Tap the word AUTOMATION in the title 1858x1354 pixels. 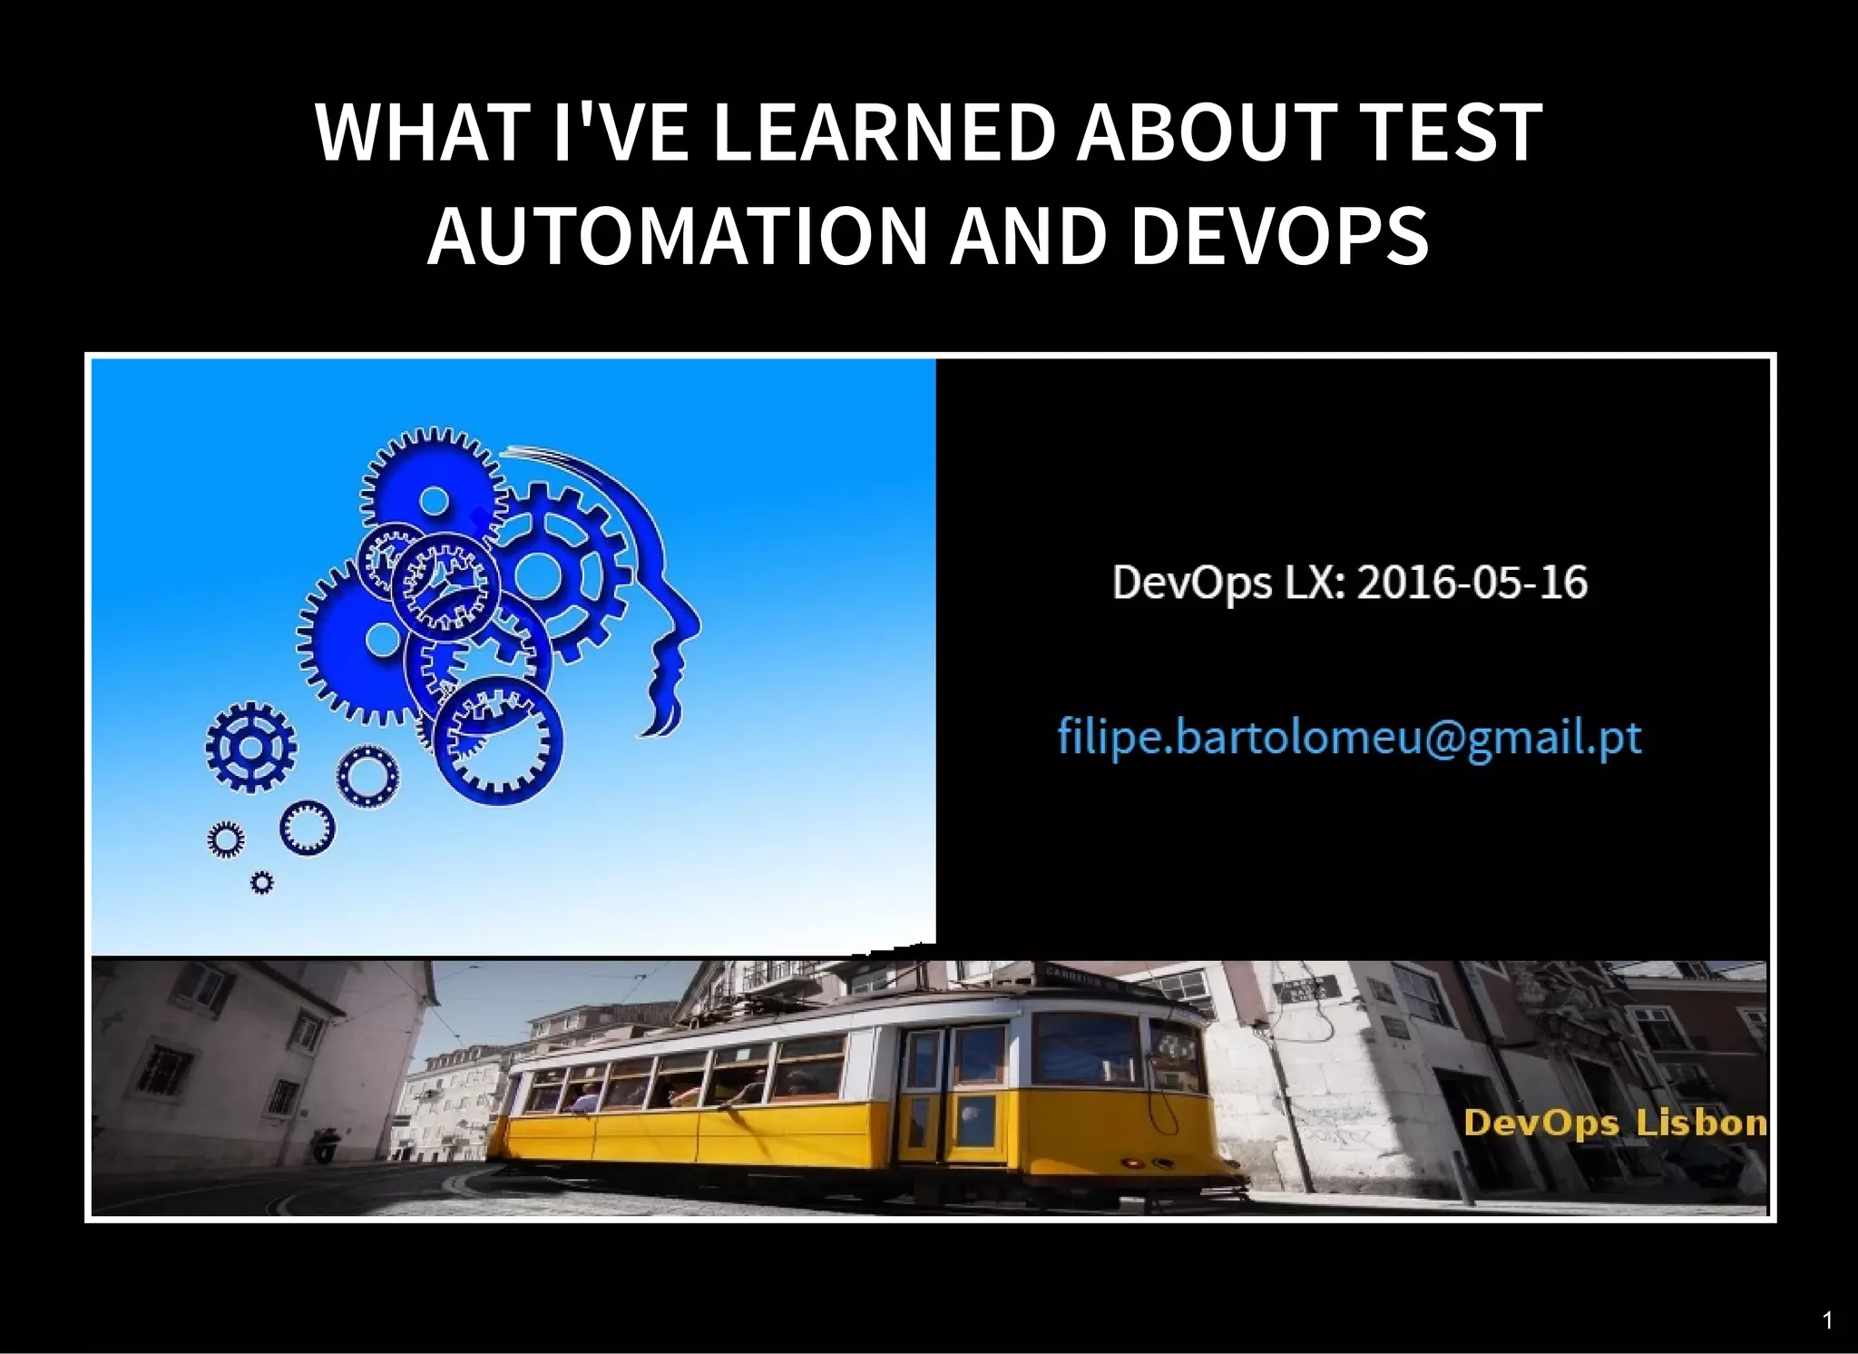(676, 236)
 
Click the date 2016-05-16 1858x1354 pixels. (1472, 583)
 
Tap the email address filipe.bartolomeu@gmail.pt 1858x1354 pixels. (1349, 737)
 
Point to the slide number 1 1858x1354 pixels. (1827, 1320)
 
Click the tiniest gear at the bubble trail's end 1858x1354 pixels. (261, 882)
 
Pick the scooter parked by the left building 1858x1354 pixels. (324, 1145)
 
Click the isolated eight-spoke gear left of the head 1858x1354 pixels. (250, 747)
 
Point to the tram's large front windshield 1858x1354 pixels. (1085, 1048)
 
